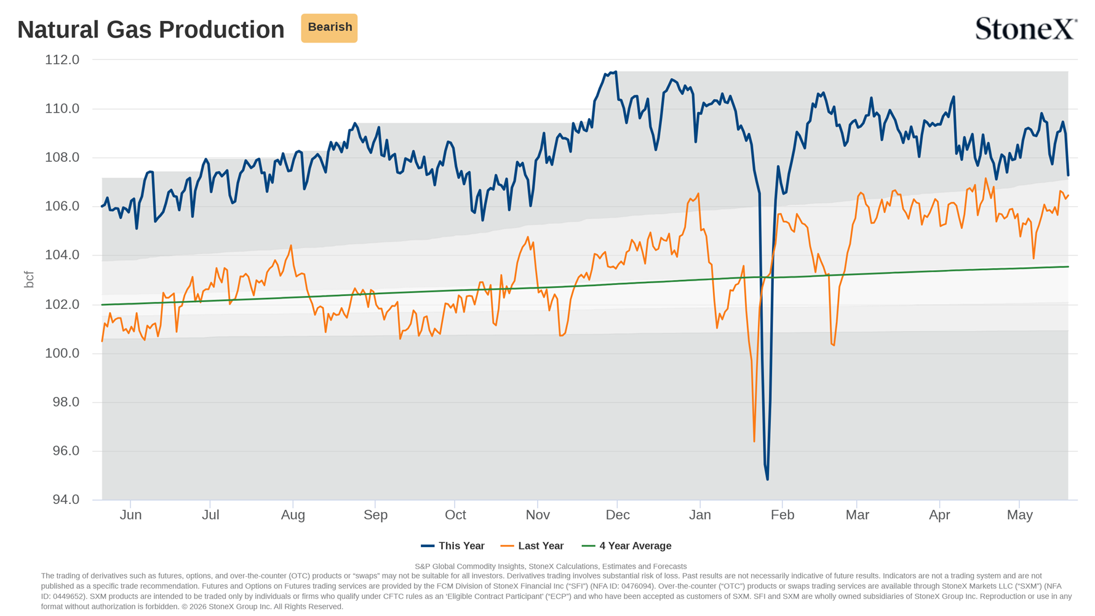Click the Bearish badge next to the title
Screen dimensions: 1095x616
329,28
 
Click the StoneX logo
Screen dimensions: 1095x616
1026,28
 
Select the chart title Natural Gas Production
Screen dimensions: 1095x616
151,30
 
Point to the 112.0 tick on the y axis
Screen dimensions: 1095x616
62,60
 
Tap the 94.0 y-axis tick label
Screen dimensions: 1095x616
66,500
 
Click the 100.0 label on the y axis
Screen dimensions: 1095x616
62,353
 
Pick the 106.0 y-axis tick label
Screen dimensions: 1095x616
62,206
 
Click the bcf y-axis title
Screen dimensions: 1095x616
29,279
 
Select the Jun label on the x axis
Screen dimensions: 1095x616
130,515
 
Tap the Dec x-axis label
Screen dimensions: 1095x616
617,515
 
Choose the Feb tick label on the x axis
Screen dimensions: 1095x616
782,515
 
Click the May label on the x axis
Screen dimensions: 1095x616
1019,516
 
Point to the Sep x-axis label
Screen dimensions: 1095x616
375,516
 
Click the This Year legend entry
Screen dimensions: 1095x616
453,546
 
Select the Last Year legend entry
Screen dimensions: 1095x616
532,546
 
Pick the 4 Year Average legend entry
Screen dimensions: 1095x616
627,546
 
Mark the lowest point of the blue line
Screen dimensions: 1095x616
767,479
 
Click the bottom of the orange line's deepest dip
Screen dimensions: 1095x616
754,441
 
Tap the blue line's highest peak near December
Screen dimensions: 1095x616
616,72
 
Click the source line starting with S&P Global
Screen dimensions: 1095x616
551,566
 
